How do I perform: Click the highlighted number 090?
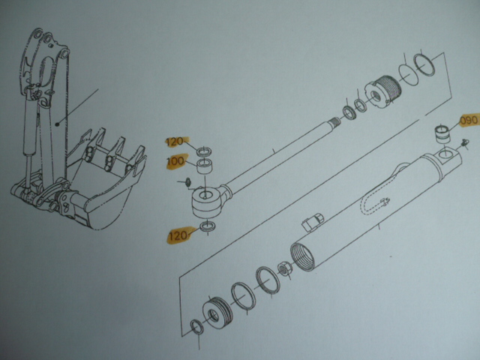[469, 120]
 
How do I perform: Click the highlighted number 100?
[175, 161]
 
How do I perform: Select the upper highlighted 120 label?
[175, 142]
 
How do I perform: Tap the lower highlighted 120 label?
[178, 235]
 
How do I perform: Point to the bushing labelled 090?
[442, 134]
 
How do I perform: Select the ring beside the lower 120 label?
[208, 226]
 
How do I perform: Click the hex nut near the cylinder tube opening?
[285, 268]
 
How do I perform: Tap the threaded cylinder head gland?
[383, 90]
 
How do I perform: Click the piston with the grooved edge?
[217, 313]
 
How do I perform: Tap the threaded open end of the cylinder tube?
[304, 256]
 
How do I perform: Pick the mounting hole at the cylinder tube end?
[447, 155]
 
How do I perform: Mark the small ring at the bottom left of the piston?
[196, 327]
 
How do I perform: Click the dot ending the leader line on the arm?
[57, 124]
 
